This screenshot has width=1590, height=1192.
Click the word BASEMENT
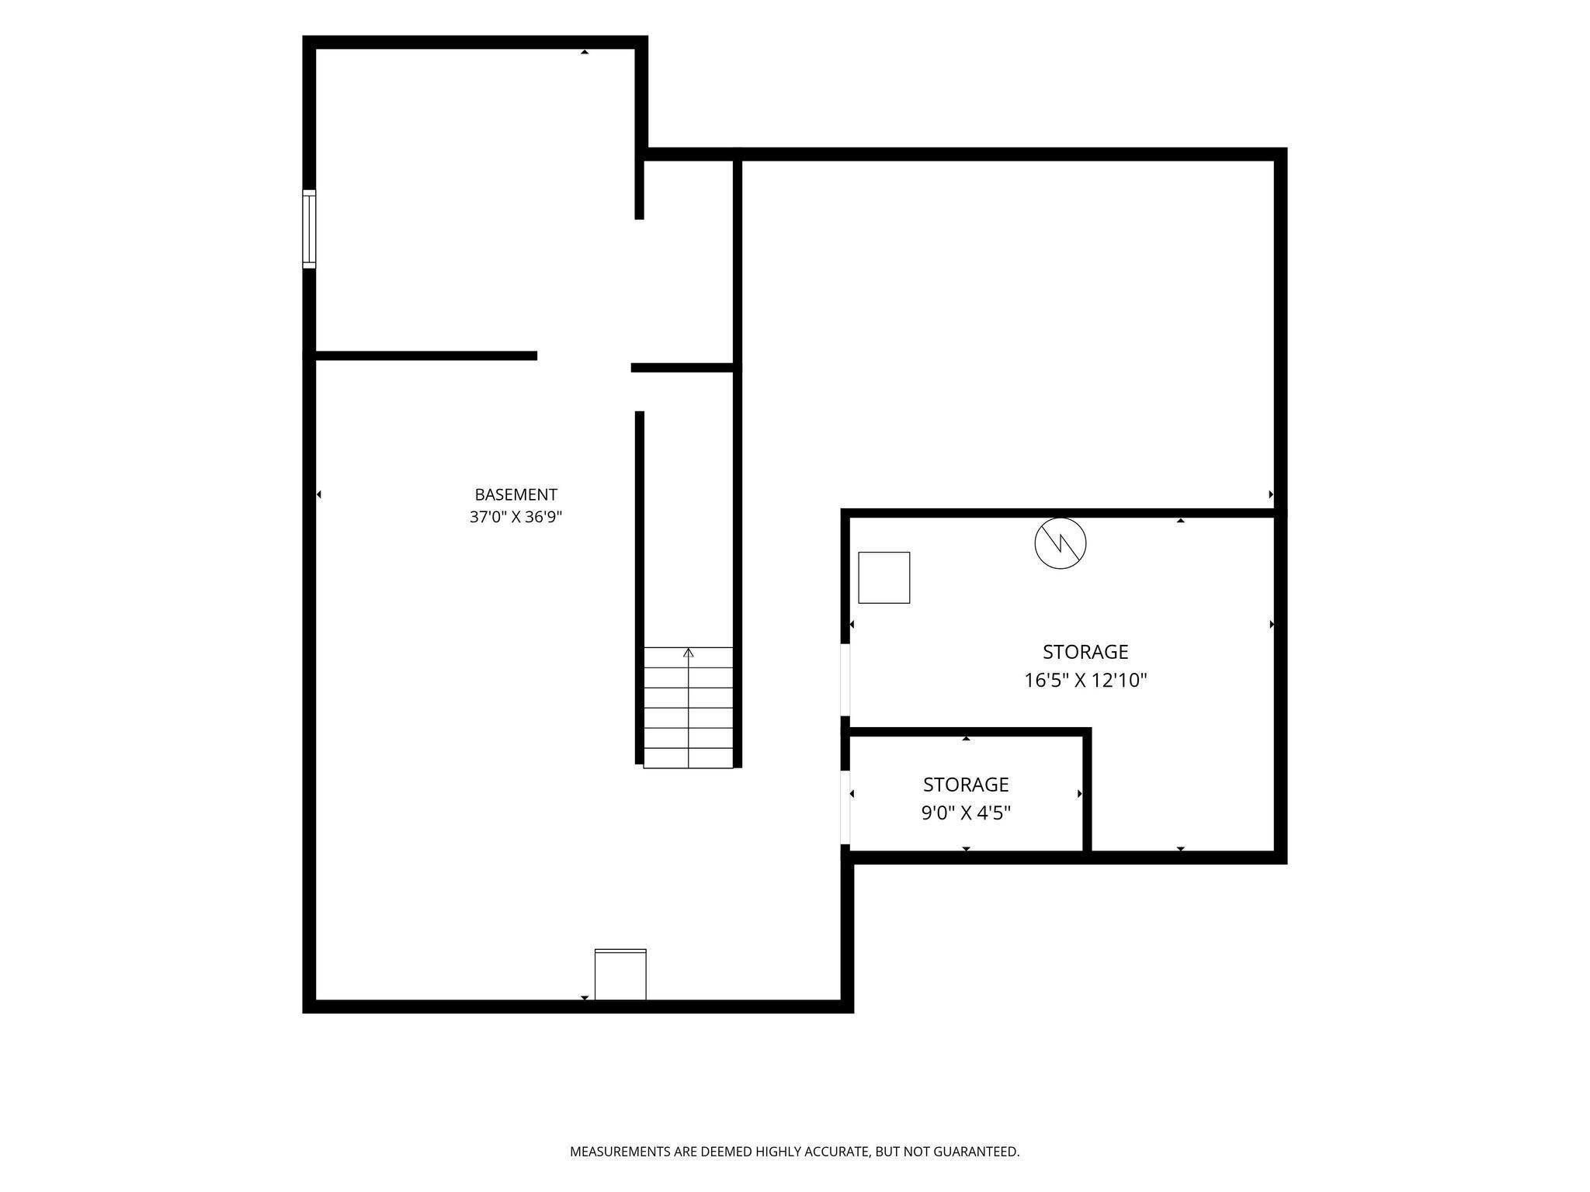tap(516, 494)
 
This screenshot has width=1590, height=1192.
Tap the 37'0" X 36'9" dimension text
tap(516, 517)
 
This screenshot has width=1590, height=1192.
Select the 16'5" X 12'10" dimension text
tap(1085, 681)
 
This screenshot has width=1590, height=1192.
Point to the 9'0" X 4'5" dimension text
tap(966, 813)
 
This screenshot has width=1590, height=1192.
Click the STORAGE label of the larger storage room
tap(1085, 652)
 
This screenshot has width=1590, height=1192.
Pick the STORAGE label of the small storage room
tap(966, 785)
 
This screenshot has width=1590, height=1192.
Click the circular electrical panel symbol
tap(1061, 543)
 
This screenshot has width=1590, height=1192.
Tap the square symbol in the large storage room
tap(884, 577)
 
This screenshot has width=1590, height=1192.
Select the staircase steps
tap(688, 708)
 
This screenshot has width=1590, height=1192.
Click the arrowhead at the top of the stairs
tap(688, 653)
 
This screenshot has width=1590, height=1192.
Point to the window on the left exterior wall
tap(309, 229)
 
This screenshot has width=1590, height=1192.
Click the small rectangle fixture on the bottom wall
tap(620, 974)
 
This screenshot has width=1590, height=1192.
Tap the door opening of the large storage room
tap(845, 679)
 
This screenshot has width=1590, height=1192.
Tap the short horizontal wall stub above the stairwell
tap(682, 368)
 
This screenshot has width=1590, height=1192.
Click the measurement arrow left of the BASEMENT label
tap(319, 494)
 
